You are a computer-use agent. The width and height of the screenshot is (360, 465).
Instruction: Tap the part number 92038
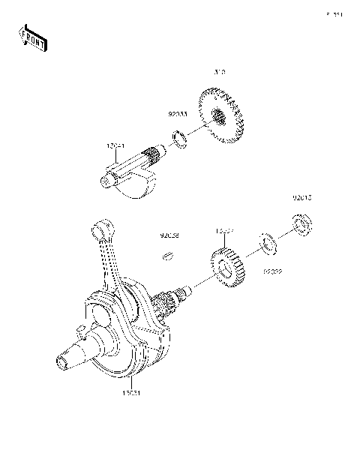click(168, 235)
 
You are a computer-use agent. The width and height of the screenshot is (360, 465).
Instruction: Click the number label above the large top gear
click(220, 73)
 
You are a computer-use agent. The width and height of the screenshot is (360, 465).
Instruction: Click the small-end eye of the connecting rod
click(101, 227)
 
